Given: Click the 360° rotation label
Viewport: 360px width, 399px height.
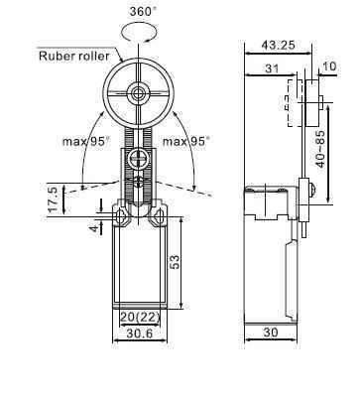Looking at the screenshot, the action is click(x=143, y=11).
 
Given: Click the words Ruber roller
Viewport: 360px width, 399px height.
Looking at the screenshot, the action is click(x=74, y=56).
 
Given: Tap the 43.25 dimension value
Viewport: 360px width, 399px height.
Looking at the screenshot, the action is click(x=278, y=45).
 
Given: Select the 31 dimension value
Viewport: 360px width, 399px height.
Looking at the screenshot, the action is click(x=272, y=68).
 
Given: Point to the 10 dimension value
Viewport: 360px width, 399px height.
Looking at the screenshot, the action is click(x=329, y=66).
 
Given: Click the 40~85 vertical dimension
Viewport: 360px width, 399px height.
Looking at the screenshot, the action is click(x=320, y=149).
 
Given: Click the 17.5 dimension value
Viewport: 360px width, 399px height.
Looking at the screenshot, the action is click(x=54, y=199).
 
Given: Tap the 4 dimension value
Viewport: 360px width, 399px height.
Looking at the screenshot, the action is click(x=95, y=228).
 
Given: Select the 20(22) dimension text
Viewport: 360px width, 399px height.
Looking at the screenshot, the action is click(x=140, y=317).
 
